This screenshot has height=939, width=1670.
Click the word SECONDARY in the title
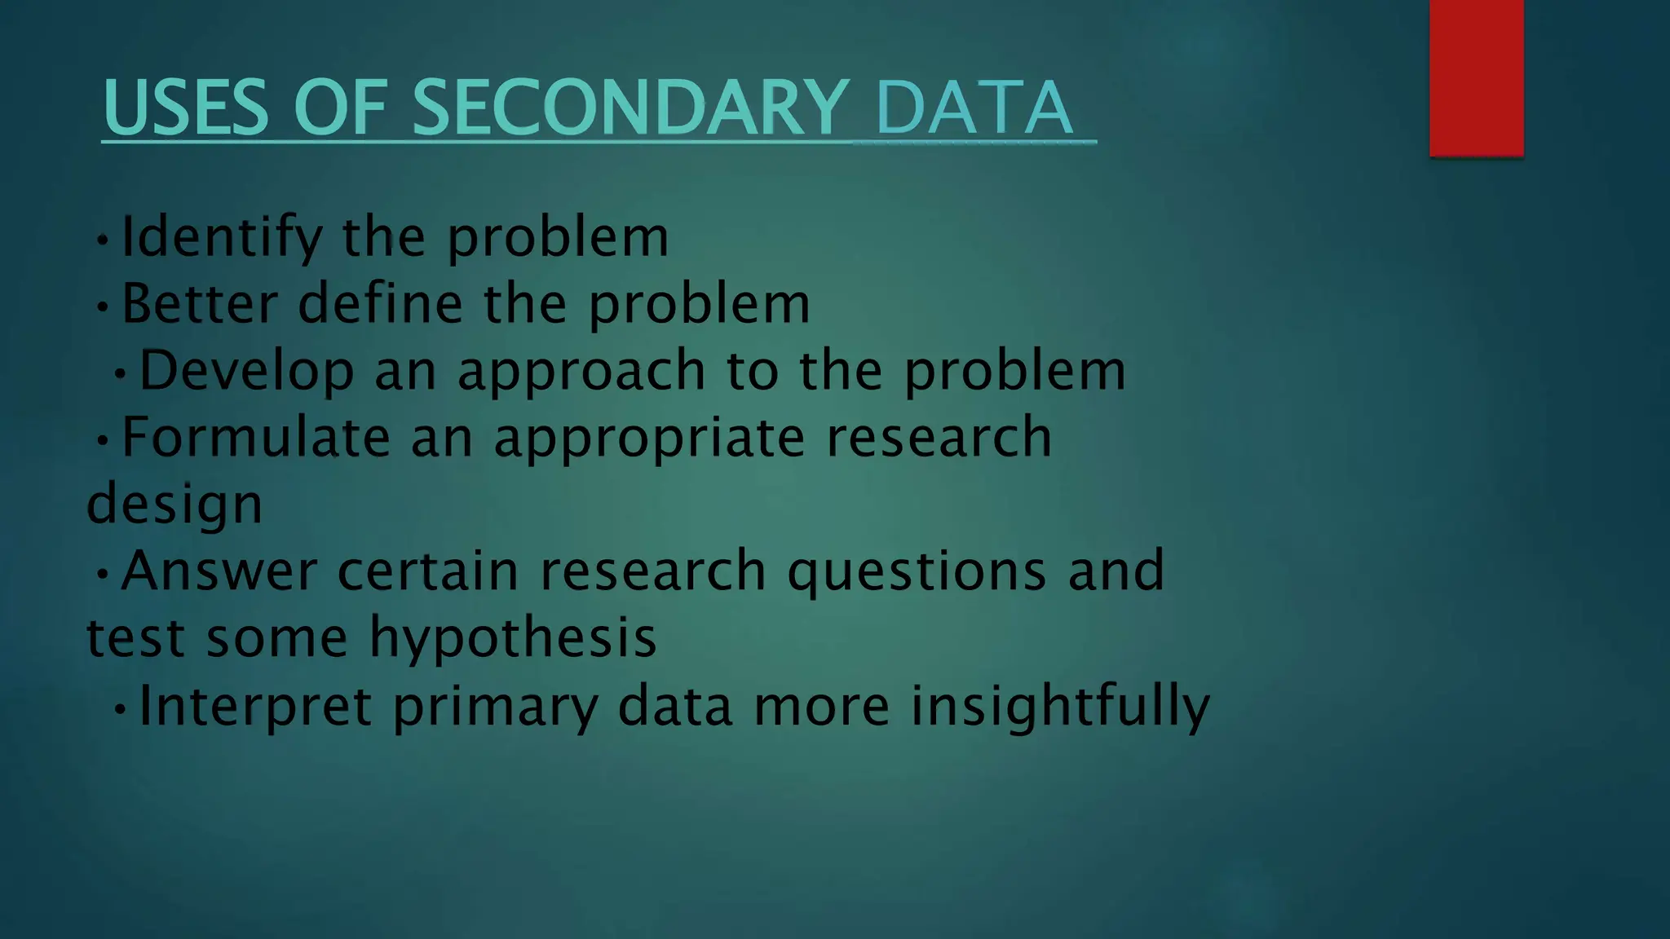point(630,108)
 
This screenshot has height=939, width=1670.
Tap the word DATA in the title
point(974,108)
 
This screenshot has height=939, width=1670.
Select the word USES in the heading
point(186,108)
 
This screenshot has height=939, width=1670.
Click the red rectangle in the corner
point(1476,77)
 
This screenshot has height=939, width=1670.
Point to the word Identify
point(222,238)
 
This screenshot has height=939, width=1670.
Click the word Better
point(200,304)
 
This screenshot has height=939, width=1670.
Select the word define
point(380,304)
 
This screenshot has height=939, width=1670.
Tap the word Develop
point(246,371)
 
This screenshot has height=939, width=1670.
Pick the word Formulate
point(255,437)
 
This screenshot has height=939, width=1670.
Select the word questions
point(917,572)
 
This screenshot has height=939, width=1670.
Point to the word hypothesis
point(513,639)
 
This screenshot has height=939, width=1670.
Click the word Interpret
point(255,706)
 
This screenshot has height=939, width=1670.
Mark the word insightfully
point(1060,706)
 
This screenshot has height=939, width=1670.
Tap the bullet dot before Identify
point(102,240)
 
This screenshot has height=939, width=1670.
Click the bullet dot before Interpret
point(121,709)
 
